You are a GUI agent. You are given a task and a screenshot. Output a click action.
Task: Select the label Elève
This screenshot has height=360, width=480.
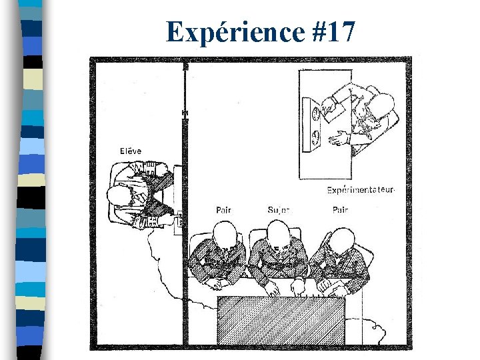[x=131, y=151]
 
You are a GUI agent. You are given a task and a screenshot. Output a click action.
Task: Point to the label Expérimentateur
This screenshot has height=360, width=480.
[x=361, y=190]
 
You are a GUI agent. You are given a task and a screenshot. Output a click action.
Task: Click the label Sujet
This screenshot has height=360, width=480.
[x=279, y=210]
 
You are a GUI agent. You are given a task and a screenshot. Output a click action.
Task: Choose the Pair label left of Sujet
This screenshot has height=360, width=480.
[x=224, y=210]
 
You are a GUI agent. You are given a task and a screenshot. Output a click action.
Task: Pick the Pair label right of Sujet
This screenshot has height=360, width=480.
[x=340, y=210]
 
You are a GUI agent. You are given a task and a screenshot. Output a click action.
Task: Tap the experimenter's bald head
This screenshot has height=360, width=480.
[x=382, y=105]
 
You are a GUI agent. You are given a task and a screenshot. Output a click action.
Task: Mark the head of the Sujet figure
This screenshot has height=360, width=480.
[x=279, y=234]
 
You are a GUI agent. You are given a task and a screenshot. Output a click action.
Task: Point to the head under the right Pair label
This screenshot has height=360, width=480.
[x=343, y=239]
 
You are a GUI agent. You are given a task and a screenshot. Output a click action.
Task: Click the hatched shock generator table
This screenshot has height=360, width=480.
[x=281, y=321]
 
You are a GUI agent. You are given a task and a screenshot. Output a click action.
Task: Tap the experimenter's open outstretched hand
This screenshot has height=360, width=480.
[x=339, y=139]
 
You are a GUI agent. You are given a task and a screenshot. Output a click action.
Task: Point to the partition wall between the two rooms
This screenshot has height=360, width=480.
[x=185, y=200]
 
